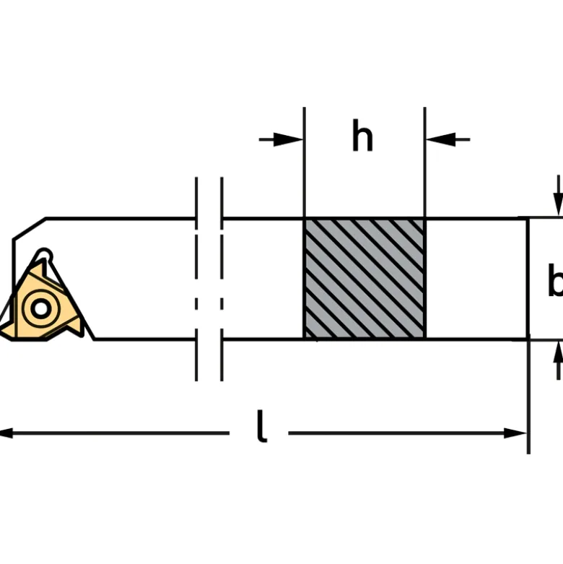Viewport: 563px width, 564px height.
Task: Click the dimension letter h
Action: [x=362, y=136]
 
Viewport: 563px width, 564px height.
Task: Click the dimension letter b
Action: [x=556, y=280]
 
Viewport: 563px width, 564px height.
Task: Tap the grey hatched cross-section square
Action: [x=365, y=278]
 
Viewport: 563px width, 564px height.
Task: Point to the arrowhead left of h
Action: [x=288, y=139]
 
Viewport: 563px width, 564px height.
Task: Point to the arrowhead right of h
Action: [x=441, y=139]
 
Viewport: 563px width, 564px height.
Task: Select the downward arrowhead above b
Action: [x=558, y=204]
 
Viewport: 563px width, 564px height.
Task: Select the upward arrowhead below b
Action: [x=558, y=352]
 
